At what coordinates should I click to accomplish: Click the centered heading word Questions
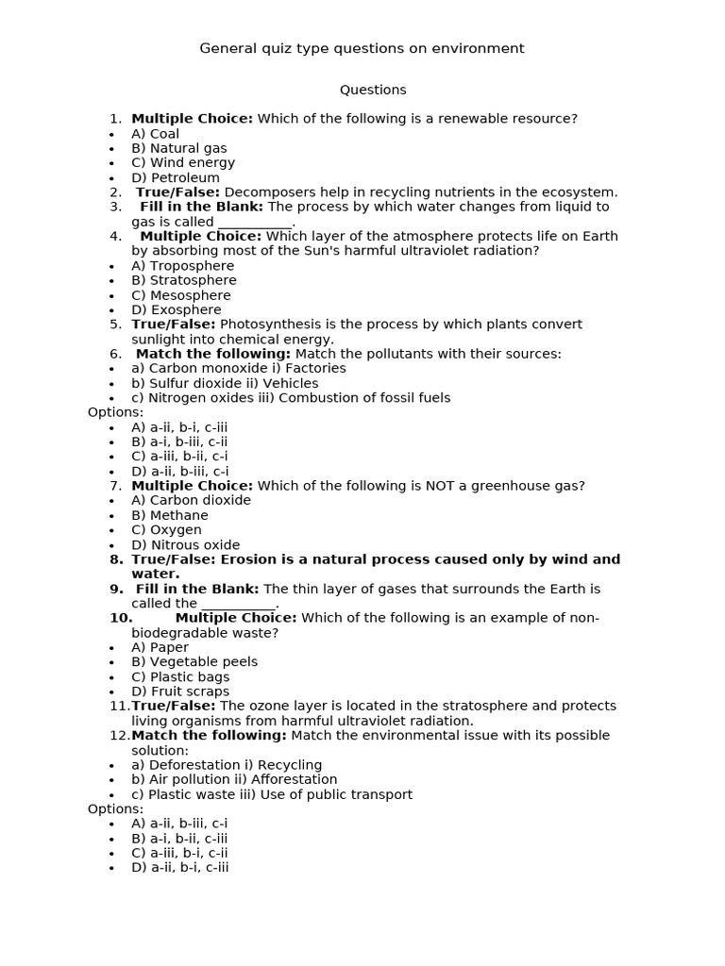pyautogui.click(x=373, y=90)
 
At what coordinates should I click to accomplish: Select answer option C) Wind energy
pyautogui.click(x=183, y=163)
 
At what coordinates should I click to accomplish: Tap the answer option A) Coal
pyautogui.click(x=155, y=134)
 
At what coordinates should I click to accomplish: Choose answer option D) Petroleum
pyautogui.click(x=176, y=177)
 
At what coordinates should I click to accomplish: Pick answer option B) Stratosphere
pyautogui.click(x=184, y=280)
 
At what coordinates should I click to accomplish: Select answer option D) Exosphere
pyautogui.click(x=177, y=309)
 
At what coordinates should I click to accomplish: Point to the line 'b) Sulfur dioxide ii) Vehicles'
pyautogui.click(x=225, y=383)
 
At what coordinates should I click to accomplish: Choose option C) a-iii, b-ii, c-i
pyautogui.click(x=179, y=457)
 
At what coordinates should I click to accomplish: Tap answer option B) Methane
pyautogui.click(x=170, y=515)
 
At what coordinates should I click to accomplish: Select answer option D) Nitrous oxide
pyautogui.click(x=186, y=544)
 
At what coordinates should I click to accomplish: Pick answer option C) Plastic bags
pyautogui.click(x=180, y=676)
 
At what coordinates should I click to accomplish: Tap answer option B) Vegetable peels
pyautogui.click(x=194, y=662)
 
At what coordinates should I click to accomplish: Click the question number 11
pyautogui.click(x=120, y=706)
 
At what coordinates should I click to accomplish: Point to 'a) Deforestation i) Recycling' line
pyautogui.click(x=227, y=765)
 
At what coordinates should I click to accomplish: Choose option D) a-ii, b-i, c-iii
pyautogui.click(x=180, y=868)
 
